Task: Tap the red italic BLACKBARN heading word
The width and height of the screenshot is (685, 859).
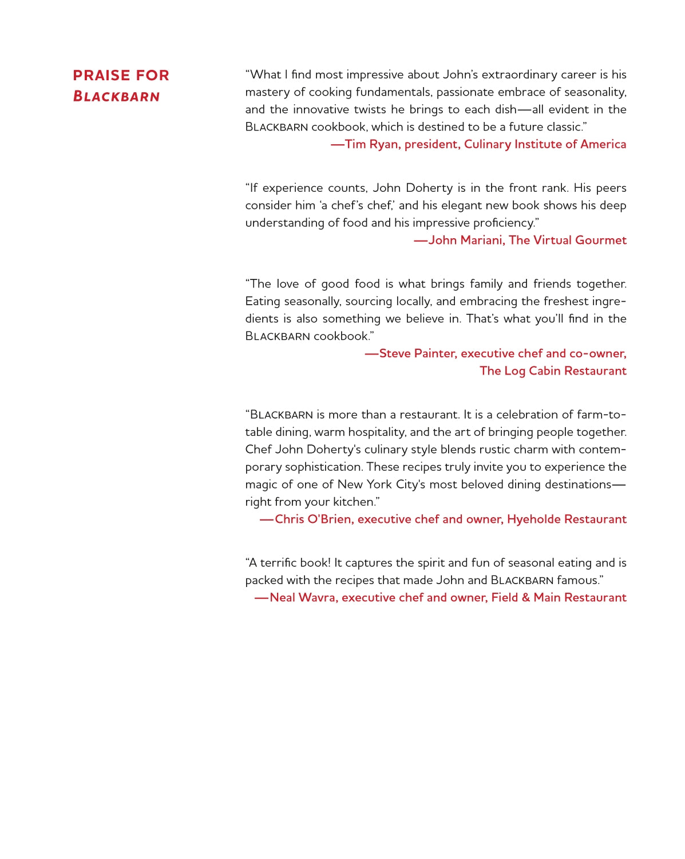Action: (116, 96)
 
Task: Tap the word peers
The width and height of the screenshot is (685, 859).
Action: (611, 188)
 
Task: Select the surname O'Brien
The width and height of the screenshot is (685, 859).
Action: (329, 519)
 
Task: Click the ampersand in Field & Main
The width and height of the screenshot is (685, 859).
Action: (525, 598)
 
